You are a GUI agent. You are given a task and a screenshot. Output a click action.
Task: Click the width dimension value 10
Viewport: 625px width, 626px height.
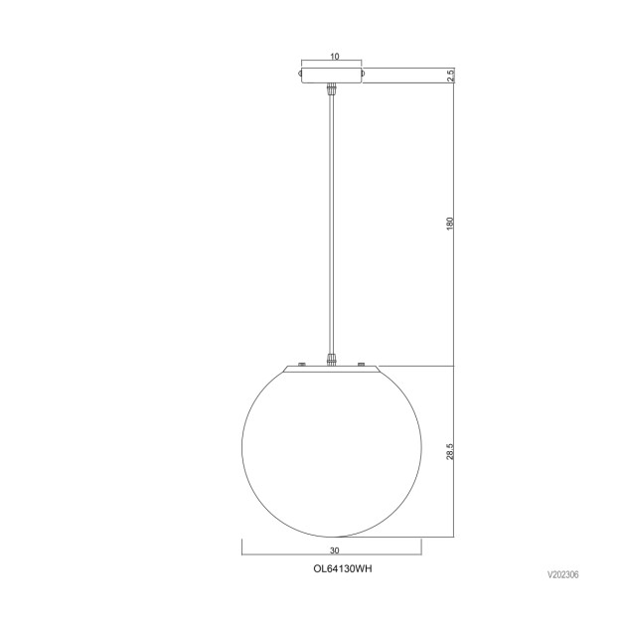click(333, 57)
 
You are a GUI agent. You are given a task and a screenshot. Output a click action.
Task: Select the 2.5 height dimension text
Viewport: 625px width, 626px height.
click(450, 76)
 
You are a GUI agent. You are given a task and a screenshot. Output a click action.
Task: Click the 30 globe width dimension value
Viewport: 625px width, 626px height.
click(333, 549)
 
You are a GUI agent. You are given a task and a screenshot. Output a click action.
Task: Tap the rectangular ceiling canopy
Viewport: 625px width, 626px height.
click(333, 74)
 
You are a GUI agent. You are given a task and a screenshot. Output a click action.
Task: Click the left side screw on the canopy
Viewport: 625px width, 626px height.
click(300, 73)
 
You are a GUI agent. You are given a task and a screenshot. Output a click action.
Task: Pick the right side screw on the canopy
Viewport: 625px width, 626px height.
click(366, 73)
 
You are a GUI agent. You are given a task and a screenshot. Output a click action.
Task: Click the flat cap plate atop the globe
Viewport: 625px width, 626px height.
click(333, 370)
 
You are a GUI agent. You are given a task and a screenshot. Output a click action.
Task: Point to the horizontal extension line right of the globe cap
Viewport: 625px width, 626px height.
click(417, 366)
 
